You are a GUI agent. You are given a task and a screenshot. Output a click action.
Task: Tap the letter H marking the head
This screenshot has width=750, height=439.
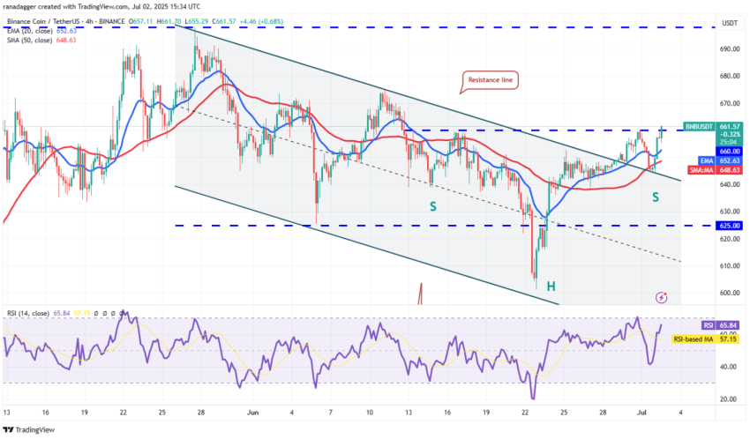[550, 286]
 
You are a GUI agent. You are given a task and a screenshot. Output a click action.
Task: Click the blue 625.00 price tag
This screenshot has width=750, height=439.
[705, 226]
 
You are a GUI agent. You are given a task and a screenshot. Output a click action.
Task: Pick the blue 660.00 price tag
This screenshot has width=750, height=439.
[705, 151]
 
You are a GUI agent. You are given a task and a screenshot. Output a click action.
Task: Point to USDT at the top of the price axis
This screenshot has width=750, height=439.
[705, 23]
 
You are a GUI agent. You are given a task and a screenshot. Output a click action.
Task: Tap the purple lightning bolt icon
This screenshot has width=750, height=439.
[661, 299]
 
